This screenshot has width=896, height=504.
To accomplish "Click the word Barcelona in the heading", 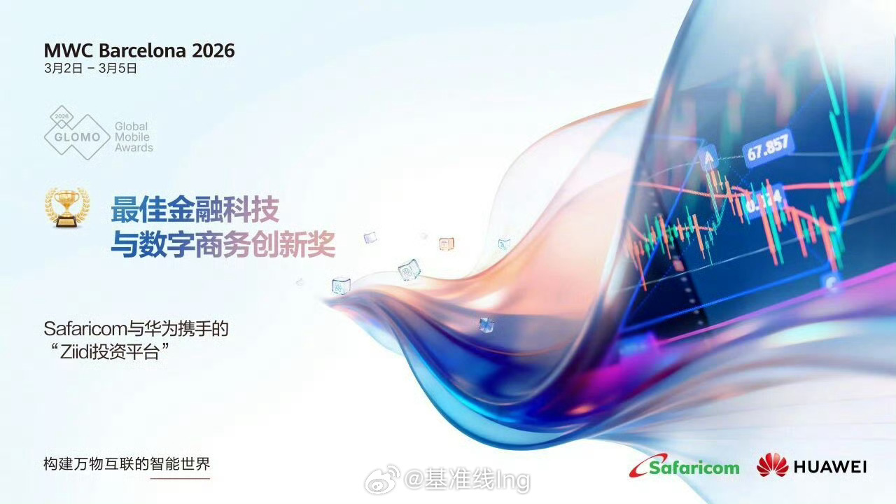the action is (142, 50).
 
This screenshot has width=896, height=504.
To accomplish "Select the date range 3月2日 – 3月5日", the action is (90, 69).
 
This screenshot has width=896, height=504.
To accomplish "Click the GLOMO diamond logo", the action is (77, 132).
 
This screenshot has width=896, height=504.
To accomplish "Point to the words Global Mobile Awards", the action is (134, 136).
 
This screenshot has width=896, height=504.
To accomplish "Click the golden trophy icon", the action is (66, 208).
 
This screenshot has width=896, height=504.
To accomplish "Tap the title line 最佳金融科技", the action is (195, 209).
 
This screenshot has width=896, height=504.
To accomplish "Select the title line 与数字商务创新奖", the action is (223, 244).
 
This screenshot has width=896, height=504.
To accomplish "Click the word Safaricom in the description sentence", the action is (85, 329).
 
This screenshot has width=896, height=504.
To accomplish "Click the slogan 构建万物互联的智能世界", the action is (127, 464).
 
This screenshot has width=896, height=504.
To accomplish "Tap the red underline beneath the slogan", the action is (180, 478).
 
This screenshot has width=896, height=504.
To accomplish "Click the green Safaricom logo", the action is (684, 466).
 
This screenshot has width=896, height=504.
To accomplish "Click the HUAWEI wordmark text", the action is (830, 467).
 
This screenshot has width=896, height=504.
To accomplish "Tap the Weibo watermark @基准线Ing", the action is (467, 479).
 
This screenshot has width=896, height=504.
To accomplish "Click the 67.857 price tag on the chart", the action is (768, 146).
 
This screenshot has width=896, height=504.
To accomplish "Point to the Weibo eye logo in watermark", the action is (381, 479).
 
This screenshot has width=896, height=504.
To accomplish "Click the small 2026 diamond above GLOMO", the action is (62, 116).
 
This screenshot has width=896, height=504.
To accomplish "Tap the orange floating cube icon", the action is (446, 243).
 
